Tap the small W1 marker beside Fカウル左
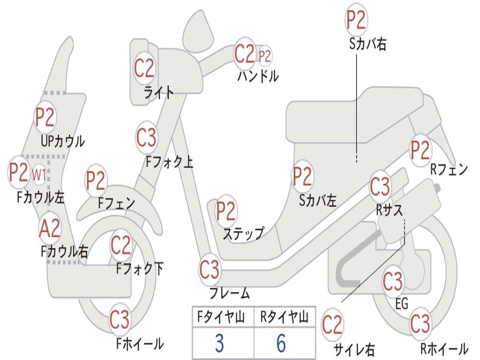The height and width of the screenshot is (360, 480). click(x=39, y=175)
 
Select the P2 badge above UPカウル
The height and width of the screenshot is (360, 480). click(x=45, y=118)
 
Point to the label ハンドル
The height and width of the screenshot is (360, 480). click(x=258, y=76)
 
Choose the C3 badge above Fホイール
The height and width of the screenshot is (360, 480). click(x=120, y=320)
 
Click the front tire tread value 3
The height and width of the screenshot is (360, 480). click(x=219, y=344)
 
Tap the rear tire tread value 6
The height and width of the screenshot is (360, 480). click(x=281, y=344)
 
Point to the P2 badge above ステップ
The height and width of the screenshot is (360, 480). click(x=226, y=211)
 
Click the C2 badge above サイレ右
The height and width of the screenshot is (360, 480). click(x=332, y=325)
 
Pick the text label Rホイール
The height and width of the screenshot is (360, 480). click(x=443, y=349)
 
